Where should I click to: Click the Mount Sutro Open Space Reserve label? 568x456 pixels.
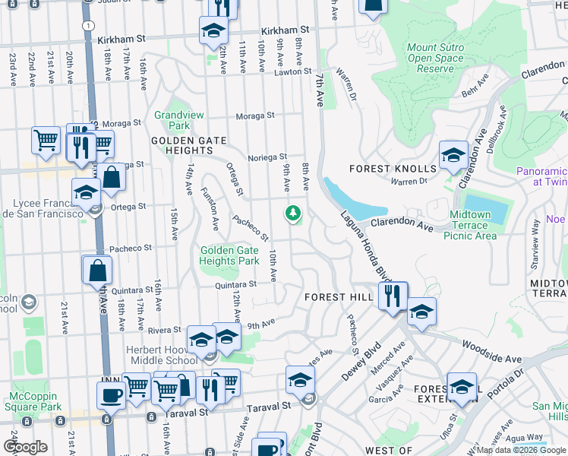435,58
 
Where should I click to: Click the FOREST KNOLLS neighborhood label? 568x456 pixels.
393,168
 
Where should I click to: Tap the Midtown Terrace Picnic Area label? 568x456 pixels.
473,226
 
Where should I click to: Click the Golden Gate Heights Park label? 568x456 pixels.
229,256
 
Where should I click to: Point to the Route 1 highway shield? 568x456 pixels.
90,25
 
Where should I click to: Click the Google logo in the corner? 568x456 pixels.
24,447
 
